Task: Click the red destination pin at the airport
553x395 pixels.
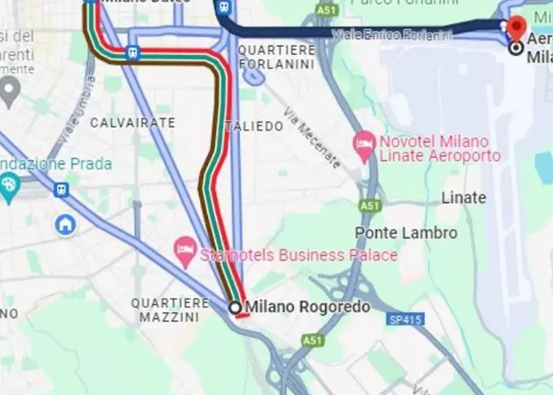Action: tap(517, 26)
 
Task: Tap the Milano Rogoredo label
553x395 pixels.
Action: tap(307, 307)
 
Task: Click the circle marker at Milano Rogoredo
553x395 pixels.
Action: tap(235, 307)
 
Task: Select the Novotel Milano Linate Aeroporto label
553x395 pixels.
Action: tap(439, 148)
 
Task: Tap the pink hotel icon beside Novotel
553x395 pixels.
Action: tap(364, 143)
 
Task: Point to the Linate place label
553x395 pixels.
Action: tap(464, 197)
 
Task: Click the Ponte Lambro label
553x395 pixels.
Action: tap(406, 233)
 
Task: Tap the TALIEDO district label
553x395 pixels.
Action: tap(254, 126)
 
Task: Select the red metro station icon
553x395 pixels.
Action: tap(132, 54)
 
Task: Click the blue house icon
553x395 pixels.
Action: tap(65, 225)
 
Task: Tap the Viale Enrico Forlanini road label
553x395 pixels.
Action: tap(392, 35)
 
